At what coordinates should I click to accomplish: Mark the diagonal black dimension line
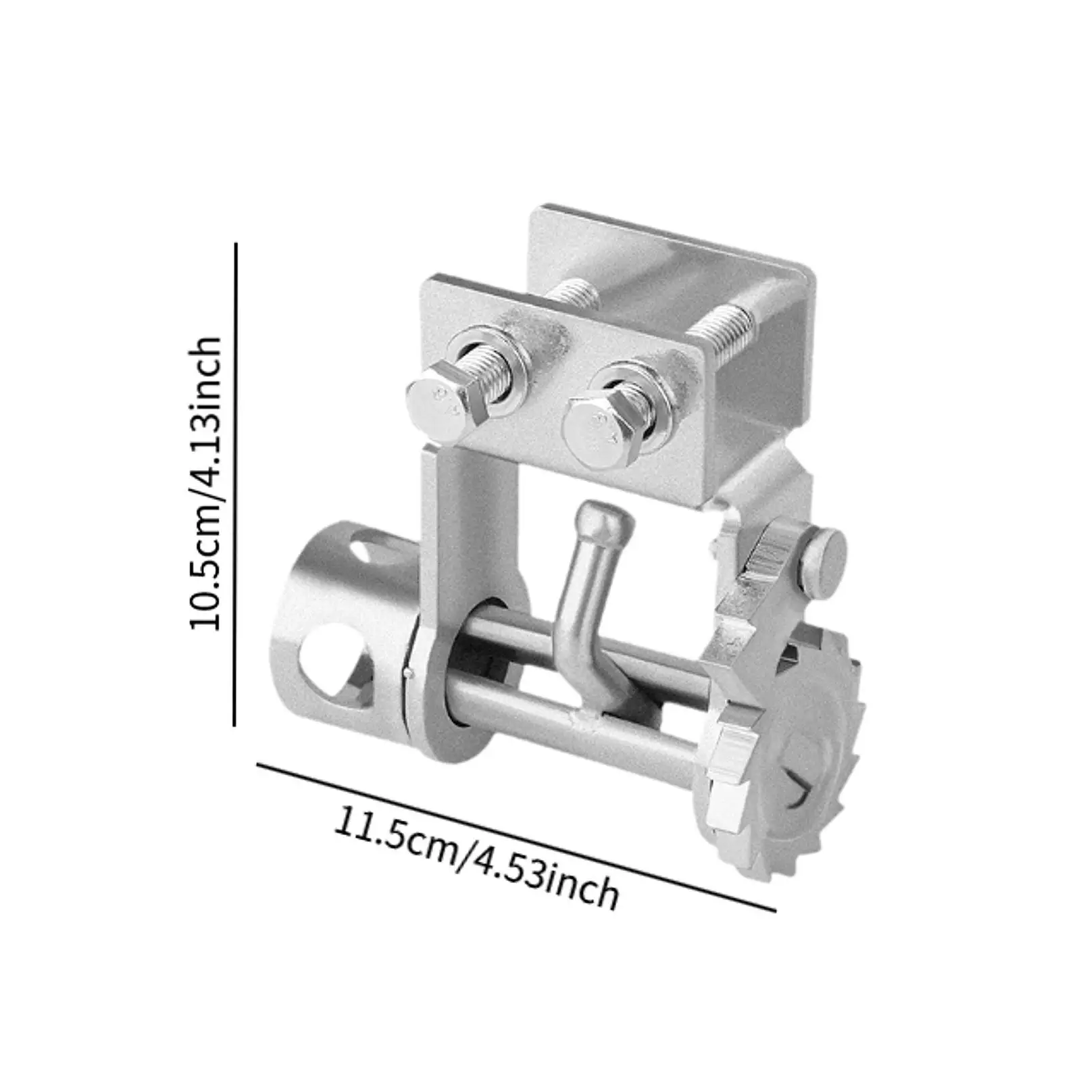[x=517, y=836]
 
